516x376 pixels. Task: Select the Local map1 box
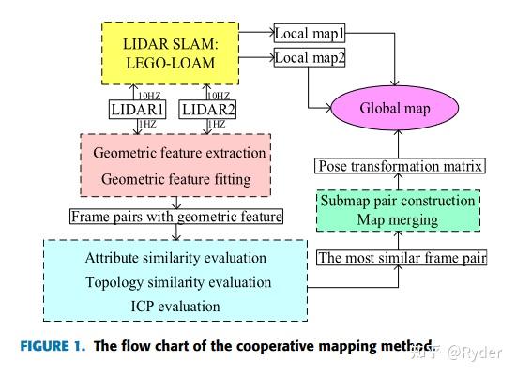click(309, 35)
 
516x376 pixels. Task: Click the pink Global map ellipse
click(395, 108)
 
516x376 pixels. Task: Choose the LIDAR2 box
click(209, 111)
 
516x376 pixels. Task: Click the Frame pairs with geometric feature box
click(176, 217)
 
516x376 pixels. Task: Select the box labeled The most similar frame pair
click(402, 256)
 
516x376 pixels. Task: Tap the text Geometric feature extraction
click(180, 152)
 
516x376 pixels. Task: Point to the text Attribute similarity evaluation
click(175, 257)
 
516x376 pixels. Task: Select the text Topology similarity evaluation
click(178, 281)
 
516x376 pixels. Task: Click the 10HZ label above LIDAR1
click(148, 95)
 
